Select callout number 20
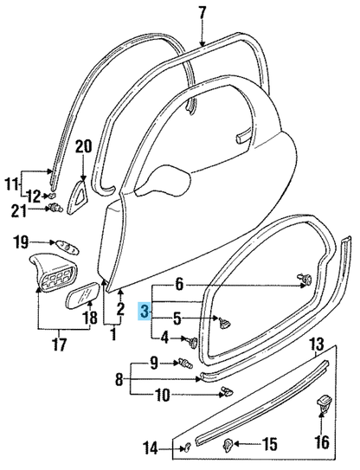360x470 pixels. [x=83, y=148]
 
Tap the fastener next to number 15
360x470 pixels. [x=228, y=445]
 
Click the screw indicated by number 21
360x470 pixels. [x=54, y=208]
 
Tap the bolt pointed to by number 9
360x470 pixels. [x=187, y=364]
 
